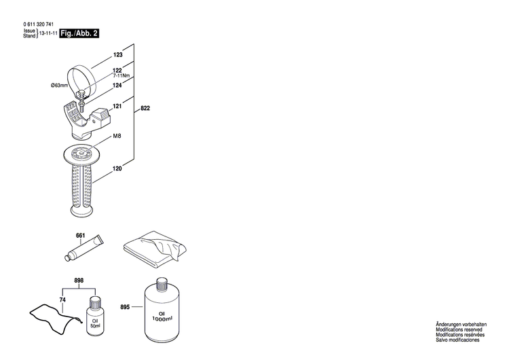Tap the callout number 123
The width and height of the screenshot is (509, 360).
pyautogui.click(x=117, y=54)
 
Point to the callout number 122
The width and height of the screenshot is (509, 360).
pyautogui.click(x=117, y=70)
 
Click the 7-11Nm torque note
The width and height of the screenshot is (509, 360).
pyautogui.click(x=121, y=76)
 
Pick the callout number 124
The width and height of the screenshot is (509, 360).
pyautogui.click(x=117, y=85)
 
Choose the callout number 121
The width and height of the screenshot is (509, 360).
pyautogui.click(x=117, y=106)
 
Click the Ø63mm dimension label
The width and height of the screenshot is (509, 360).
pyautogui.click(x=60, y=86)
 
